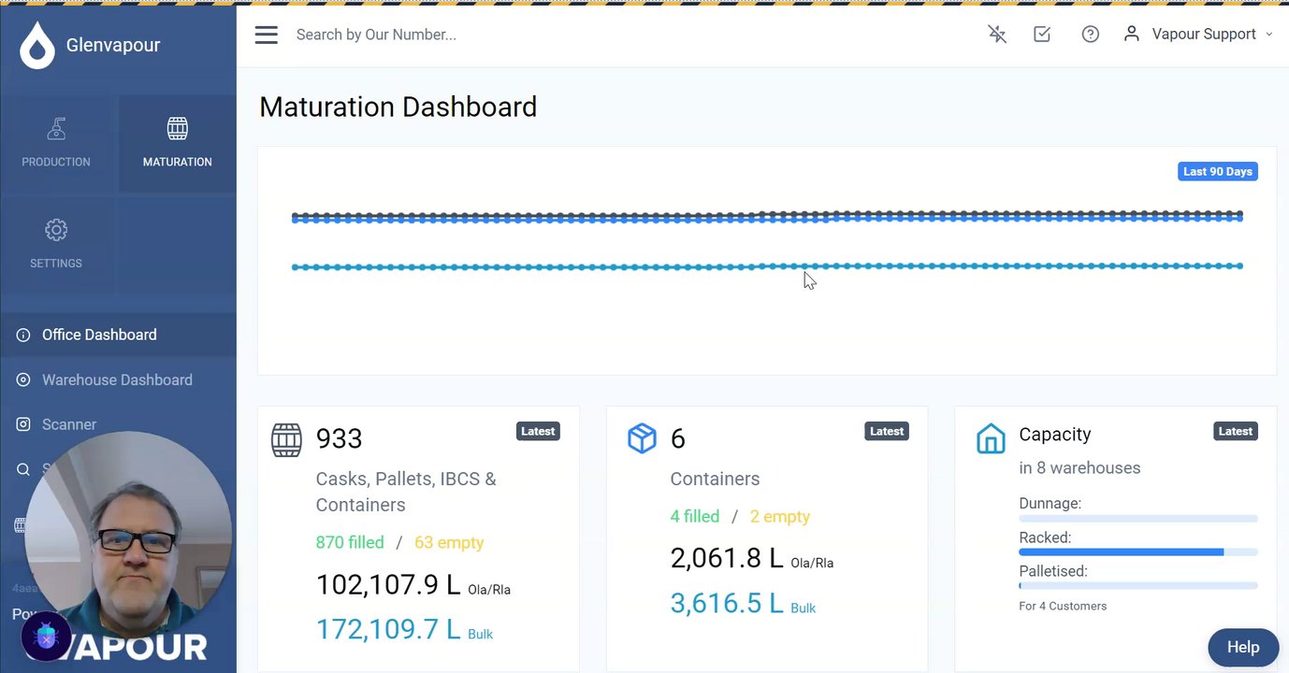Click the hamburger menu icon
[x=267, y=35]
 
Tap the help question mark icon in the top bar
[x=1090, y=35]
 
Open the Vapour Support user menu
[x=1203, y=35]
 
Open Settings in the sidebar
[x=56, y=244]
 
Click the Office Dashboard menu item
[x=99, y=335]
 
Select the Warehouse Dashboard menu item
[x=117, y=379]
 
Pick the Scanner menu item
[x=69, y=424]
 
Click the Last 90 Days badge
[x=1217, y=172]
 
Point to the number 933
[x=339, y=438]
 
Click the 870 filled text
[x=350, y=542]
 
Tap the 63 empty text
[x=449, y=542]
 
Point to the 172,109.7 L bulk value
[x=388, y=629]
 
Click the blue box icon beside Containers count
[x=642, y=438]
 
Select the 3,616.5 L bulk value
[x=727, y=603]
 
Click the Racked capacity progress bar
[x=1137, y=552]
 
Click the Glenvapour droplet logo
[x=37, y=46]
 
